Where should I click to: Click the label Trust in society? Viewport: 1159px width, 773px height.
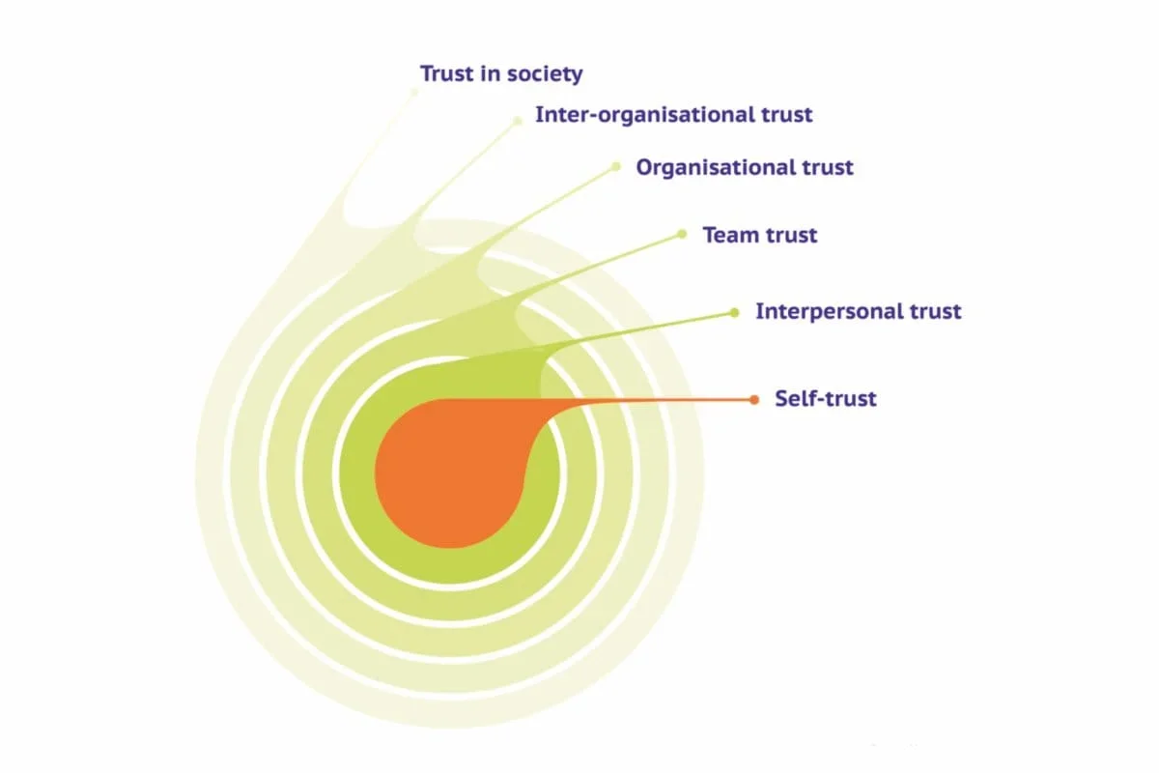pos(501,73)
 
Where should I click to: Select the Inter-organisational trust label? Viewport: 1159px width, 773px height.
pos(674,115)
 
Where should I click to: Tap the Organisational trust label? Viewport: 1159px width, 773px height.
pos(744,167)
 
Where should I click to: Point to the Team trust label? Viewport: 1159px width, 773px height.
pos(759,235)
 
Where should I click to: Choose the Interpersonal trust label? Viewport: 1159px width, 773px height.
pos(858,312)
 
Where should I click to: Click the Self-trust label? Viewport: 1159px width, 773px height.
pos(825,398)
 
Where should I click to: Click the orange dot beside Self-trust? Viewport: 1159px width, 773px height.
pos(754,399)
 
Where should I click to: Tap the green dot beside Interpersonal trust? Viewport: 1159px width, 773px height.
pos(734,312)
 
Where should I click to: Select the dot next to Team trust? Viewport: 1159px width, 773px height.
pos(682,234)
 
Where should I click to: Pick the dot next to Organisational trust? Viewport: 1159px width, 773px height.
pos(616,166)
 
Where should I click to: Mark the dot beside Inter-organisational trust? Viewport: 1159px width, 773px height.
pos(518,120)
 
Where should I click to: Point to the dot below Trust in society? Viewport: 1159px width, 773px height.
pos(415,92)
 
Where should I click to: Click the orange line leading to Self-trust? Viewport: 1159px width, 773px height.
pos(657,399)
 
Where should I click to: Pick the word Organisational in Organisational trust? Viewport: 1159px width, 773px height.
pos(715,167)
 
